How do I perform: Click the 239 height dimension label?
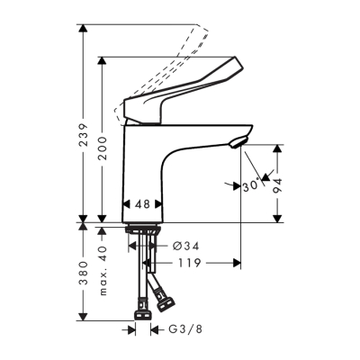click(83, 135)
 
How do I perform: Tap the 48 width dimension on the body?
click(141, 204)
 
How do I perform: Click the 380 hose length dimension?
click(83, 279)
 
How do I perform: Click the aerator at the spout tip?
click(237, 140)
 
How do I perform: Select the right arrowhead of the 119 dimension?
click(238, 264)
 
